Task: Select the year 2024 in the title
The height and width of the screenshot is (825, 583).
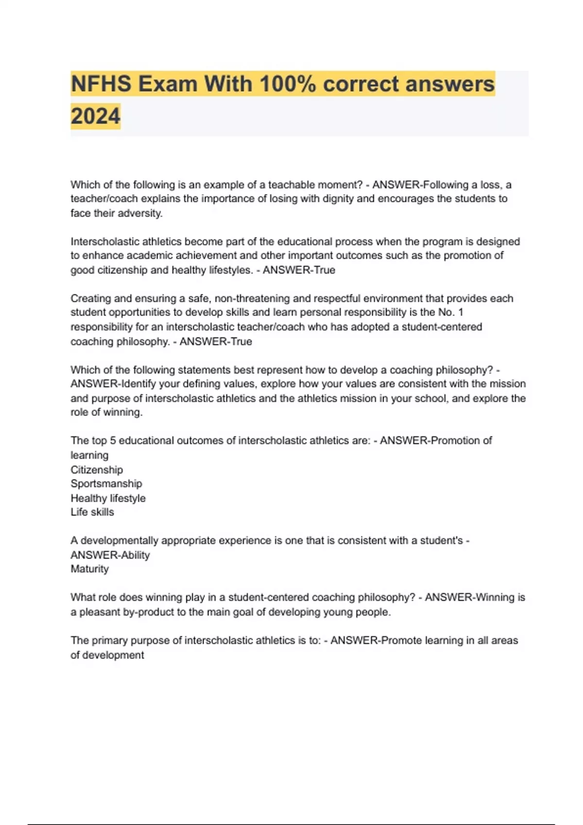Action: (95, 116)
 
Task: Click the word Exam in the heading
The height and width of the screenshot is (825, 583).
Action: (174, 84)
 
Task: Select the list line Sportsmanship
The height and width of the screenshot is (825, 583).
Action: (106, 484)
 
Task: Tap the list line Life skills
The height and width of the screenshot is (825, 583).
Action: (92, 512)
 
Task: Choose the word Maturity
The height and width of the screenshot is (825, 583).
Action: (89, 569)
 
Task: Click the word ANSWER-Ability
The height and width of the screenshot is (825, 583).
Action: (110, 555)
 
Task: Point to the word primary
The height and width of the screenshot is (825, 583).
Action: (111, 641)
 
